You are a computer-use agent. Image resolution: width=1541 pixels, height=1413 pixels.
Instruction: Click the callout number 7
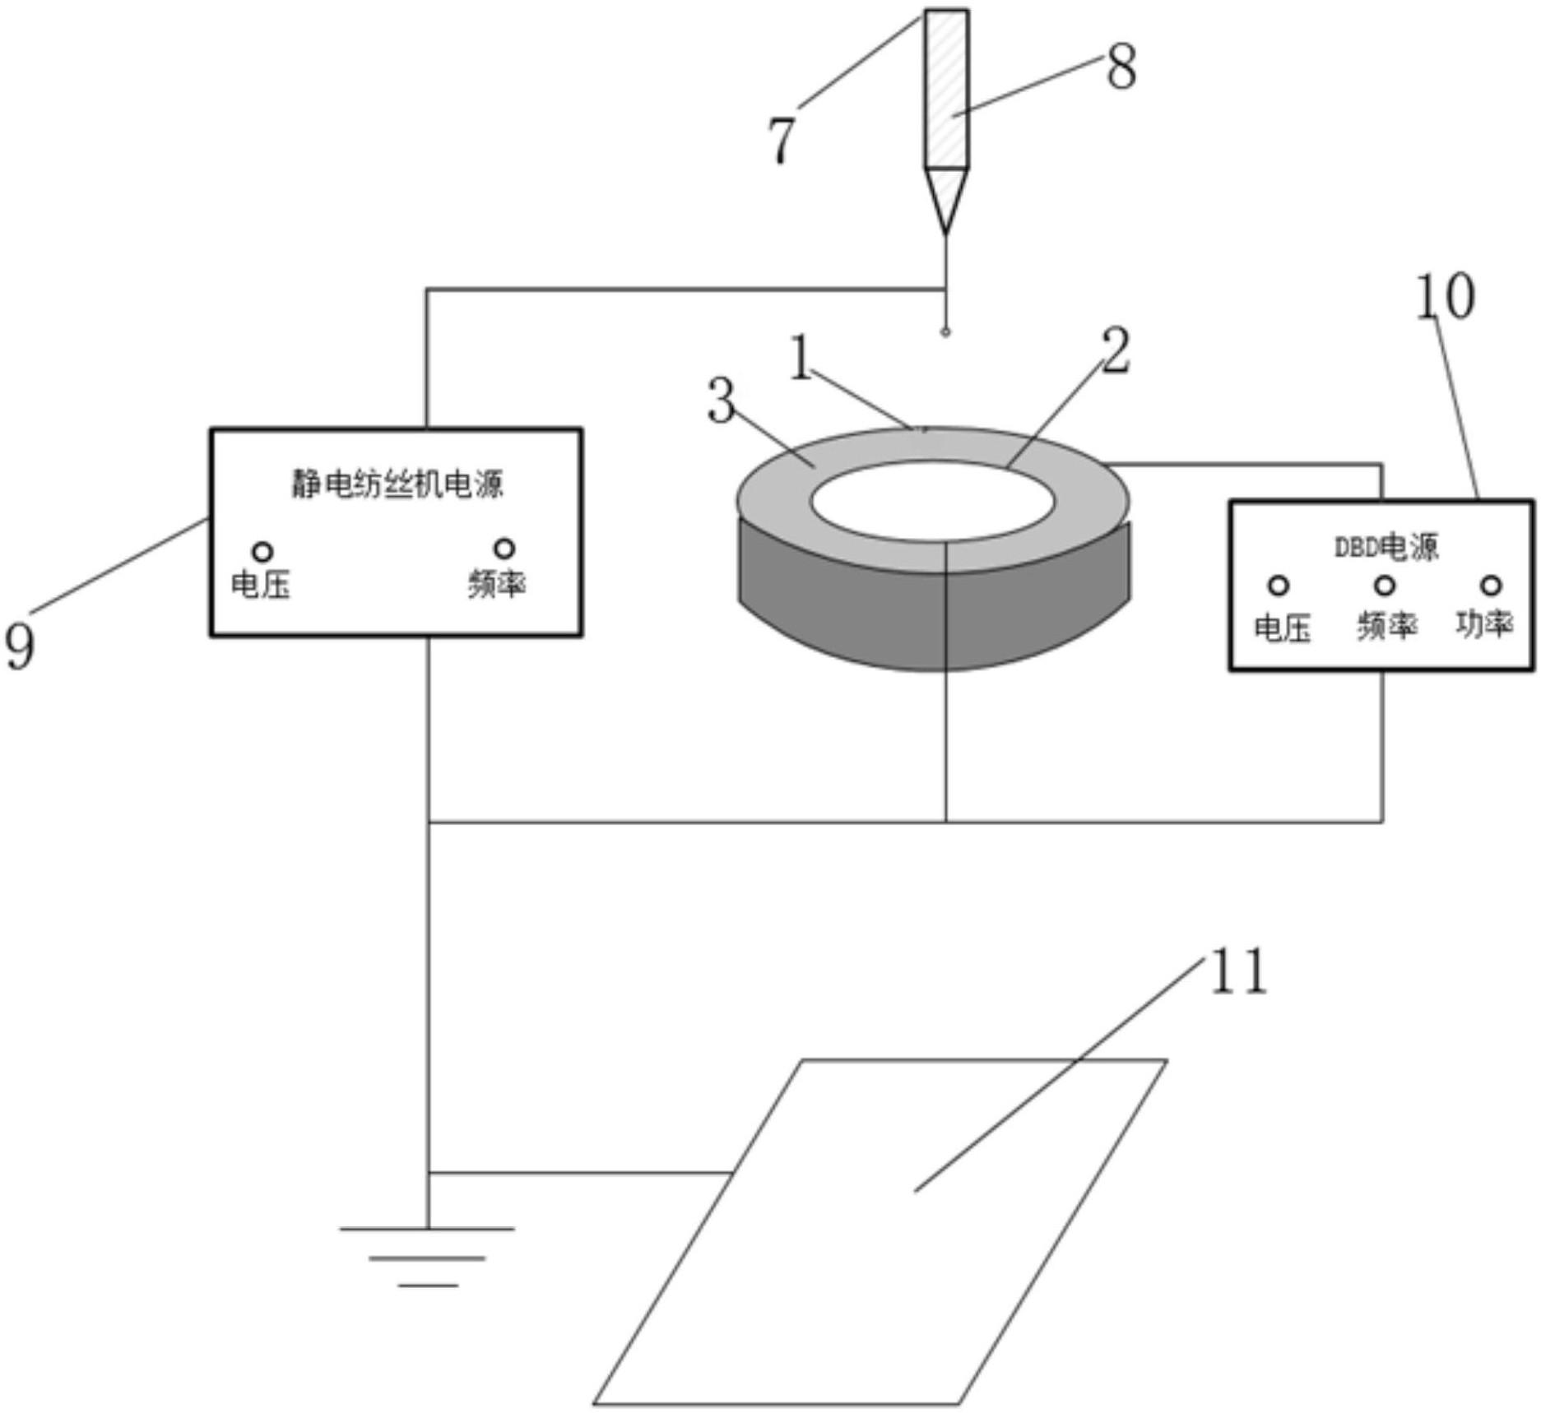(x=781, y=140)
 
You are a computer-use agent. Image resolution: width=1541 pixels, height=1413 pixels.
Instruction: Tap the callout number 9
(x=21, y=646)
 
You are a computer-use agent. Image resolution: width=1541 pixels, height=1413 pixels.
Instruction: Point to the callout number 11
(x=1238, y=971)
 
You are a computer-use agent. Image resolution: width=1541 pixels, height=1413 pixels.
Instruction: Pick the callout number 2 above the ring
(x=1116, y=351)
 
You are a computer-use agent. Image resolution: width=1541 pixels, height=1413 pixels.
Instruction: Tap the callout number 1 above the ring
(x=801, y=358)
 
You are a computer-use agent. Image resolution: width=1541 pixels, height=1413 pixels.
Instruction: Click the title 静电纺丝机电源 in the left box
(x=397, y=484)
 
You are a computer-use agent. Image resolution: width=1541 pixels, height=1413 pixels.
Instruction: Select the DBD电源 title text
(x=1386, y=547)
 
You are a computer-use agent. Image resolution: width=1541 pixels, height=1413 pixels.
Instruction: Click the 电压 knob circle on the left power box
(x=262, y=550)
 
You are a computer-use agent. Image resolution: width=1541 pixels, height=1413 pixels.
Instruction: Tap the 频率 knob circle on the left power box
(x=504, y=548)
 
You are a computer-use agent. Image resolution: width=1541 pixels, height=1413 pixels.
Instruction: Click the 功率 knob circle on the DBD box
(x=1491, y=585)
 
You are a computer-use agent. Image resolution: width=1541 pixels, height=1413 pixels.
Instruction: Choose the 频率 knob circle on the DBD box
(x=1386, y=586)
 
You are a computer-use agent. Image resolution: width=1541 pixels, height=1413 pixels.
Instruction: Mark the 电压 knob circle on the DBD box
(x=1279, y=586)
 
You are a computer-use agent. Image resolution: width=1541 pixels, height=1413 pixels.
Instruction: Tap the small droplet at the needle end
(x=946, y=332)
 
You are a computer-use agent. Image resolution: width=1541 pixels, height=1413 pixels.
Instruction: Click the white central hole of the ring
(x=932, y=501)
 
